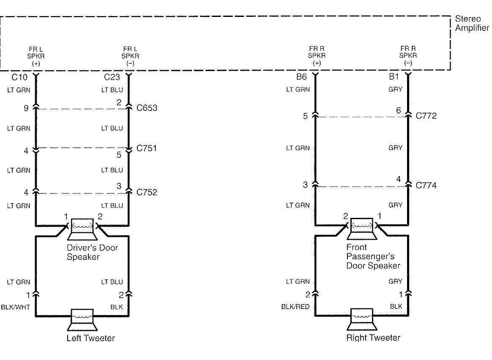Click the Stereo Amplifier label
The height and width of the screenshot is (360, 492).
pos(472,24)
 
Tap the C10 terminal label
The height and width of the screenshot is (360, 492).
pos(19,77)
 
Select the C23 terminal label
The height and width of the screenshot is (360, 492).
pos(112,77)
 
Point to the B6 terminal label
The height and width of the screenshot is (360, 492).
pos(301,77)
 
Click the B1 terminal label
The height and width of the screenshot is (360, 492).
pos(394,77)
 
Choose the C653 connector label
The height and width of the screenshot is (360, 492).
pos(147,108)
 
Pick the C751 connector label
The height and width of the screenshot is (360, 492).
pos(147,148)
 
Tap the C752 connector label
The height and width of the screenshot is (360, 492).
pos(147,192)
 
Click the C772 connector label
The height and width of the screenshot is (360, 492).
pos(426,115)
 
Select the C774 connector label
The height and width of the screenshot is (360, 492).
pos(426,185)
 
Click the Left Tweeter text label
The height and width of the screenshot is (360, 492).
pos(90,338)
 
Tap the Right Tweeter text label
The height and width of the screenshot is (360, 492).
pos(373,338)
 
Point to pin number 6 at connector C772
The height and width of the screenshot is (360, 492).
pos(398,110)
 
